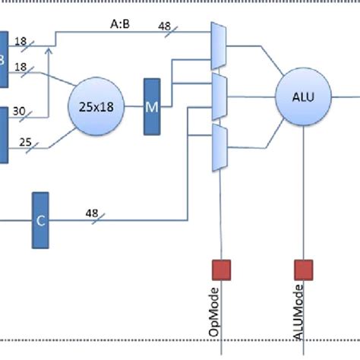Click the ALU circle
tap(303, 96)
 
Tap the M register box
tap(152, 106)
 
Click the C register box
tap(41, 220)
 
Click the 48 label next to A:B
tap(164, 25)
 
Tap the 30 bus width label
tap(19, 112)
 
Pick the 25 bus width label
tap(24, 141)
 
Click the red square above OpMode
tap(220, 269)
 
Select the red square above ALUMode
tap(303, 269)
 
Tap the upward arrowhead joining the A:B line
tap(49, 50)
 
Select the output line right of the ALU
tap(346, 96)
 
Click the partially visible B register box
tap(3, 58)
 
